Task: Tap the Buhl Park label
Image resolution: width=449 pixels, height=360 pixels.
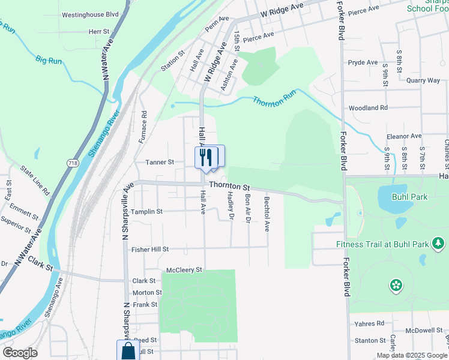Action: (409, 196)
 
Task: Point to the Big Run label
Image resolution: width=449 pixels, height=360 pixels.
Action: (49, 61)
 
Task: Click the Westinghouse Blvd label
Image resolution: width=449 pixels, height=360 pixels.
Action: (91, 13)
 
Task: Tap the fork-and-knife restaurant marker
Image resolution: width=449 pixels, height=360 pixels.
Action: (205, 157)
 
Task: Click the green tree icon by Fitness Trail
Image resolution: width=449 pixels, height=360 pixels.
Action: (438, 243)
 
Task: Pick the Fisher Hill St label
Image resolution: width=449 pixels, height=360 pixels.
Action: (150, 249)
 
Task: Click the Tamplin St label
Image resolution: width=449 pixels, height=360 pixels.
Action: (147, 212)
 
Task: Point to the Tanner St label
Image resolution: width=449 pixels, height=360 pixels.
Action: (159, 162)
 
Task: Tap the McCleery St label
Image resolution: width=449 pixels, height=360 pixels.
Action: (184, 271)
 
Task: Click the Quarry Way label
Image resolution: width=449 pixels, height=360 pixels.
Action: (423, 80)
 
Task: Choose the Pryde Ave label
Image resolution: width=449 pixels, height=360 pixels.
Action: (363, 62)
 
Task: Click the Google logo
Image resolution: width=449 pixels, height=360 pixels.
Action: (20, 353)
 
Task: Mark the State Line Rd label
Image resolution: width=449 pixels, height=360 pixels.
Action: (35, 180)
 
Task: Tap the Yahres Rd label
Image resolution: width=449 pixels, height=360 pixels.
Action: (369, 323)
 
